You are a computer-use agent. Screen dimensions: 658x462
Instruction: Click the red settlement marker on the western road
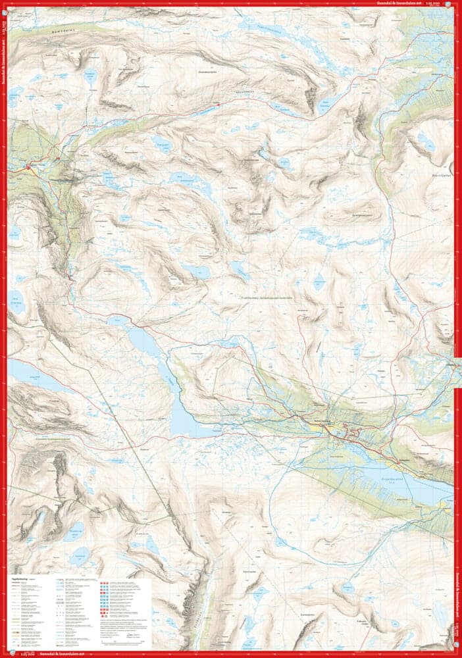click(28, 170)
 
